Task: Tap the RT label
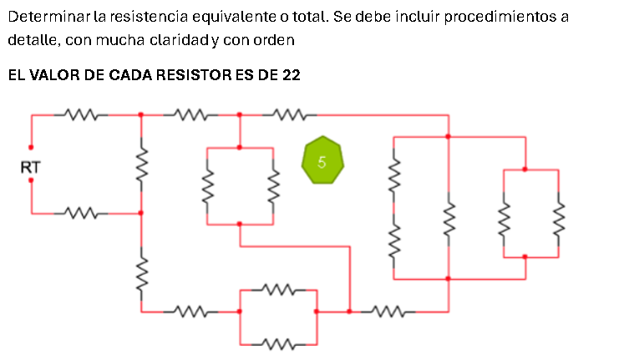pyautogui.click(x=30, y=168)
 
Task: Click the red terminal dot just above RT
pyautogui.click(x=31, y=147)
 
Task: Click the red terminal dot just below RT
pyautogui.click(x=31, y=180)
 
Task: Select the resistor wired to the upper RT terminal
pyautogui.click(x=81, y=114)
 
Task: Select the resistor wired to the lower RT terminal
pyautogui.click(x=81, y=214)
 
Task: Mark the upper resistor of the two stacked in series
pyautogui.click(x=394, y=178)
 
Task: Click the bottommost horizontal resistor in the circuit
pyautogui.click(x=278, y=343)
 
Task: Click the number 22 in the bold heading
pyautogui.click(x=291, y=75)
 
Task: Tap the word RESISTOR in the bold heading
pyautogui.click(x=192, y=75)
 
